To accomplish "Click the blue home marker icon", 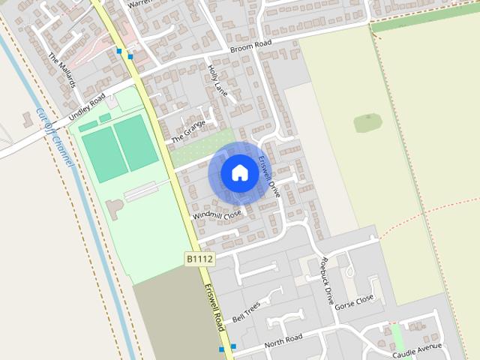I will (239, 173).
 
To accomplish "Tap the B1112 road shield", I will (200, 259).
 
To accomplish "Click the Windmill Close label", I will (217, 214).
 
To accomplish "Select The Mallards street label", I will (62, 70).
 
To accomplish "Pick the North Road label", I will (283, 341).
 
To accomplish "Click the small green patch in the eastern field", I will (367, 122).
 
